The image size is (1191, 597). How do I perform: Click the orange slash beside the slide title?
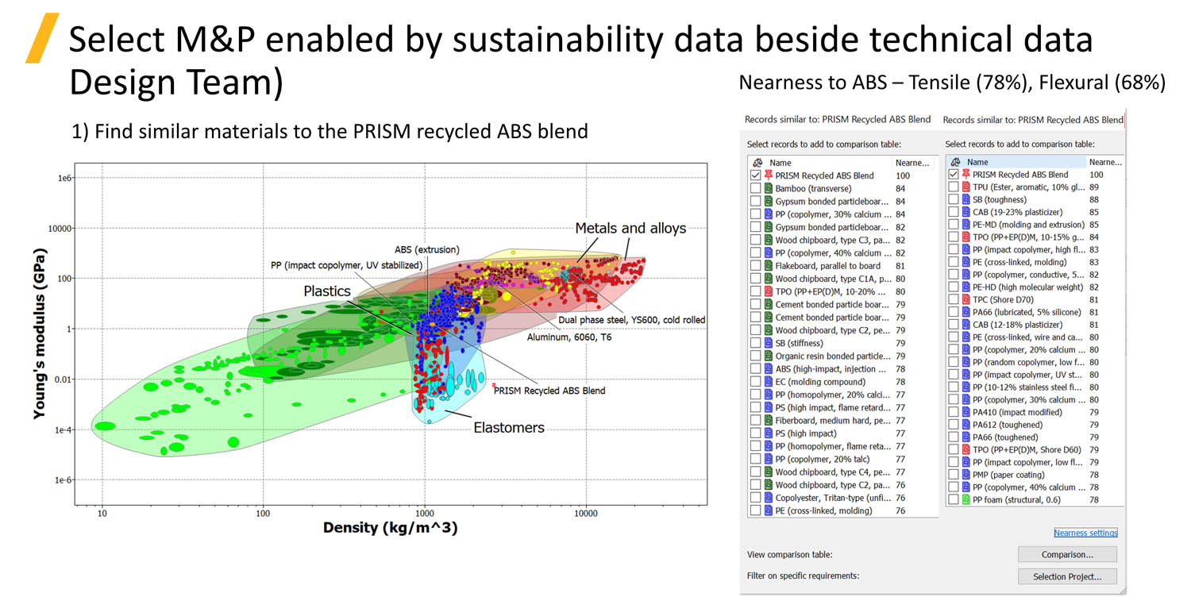(x=42, y=37)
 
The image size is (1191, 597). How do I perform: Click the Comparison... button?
(x=1066, y=554)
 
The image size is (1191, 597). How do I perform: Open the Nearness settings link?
(x=1085, y=533)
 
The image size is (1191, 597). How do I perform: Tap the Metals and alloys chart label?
(x=630, y=229)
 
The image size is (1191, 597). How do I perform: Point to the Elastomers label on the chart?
(x=509, y=427)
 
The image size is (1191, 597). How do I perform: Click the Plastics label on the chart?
(x=327, y=291)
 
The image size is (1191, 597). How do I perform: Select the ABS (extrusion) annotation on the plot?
(x=426, y=250)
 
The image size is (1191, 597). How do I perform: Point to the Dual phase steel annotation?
(x=630, y=320)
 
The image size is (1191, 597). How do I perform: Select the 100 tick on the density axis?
(x=263, y=514)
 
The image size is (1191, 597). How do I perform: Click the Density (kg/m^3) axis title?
(x=390, y=528)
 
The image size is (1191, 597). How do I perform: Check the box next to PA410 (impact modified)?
(x=954, y=412)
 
